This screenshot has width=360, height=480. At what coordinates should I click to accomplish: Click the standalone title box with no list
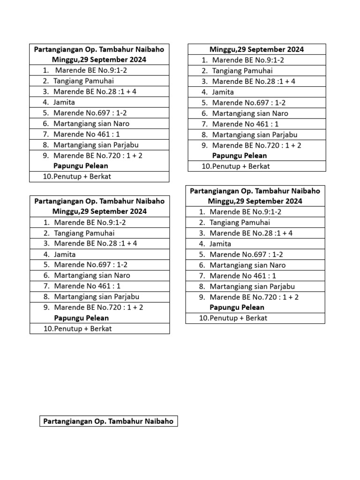(x=108, y=421)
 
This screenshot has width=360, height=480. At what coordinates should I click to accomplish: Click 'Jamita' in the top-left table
(x=64, y=102)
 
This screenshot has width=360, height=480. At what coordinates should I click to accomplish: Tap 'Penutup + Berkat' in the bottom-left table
(x=82, y=329)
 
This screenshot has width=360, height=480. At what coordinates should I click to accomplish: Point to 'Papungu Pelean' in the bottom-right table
(x=237, y=307)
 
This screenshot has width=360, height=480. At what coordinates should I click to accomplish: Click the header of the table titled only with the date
(x=256, y=49)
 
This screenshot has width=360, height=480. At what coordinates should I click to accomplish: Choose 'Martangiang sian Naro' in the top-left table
(x=91, y=124)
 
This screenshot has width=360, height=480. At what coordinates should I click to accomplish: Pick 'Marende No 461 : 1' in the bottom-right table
(x=243, y=276)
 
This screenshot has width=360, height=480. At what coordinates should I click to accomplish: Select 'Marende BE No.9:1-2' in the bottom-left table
(x=90, y=222)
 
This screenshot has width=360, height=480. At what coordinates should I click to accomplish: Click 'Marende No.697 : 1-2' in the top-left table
(x=90, y=113)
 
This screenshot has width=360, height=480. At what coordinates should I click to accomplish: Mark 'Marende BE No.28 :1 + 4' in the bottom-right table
(x=251, y=233)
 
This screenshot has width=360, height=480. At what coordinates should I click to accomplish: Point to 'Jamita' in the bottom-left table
(x=65, y=254)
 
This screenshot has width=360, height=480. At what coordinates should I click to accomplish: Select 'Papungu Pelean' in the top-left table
(x=81, y=166)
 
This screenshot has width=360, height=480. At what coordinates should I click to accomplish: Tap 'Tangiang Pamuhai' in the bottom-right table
(x=240, y=222)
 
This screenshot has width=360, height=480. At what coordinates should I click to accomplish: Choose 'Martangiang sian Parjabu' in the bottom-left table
(x=97, y=297)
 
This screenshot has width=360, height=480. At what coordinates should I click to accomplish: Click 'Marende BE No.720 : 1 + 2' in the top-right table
(x=256, y=145)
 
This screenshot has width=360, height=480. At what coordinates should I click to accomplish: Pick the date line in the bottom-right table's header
(x=255, y=201)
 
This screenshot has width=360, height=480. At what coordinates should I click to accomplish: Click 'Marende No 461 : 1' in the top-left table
(x=87, y=135)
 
